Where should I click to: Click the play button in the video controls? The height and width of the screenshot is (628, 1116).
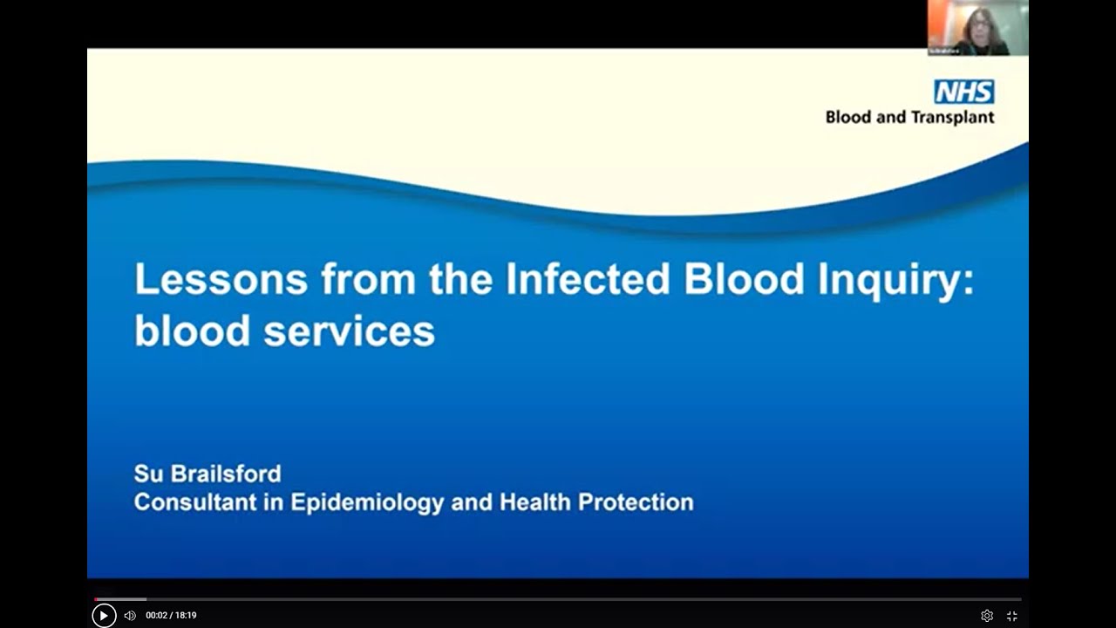click(104, 615)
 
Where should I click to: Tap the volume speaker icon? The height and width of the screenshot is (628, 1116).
click(130, 615)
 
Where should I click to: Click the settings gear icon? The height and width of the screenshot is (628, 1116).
click(987, 615)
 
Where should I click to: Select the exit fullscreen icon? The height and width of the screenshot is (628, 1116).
click(1012, 615)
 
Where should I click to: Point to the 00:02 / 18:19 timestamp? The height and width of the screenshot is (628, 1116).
click(171, 615)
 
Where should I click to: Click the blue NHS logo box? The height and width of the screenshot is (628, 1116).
click(963, 92)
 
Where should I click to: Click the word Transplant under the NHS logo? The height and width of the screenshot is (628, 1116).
click(953, 117)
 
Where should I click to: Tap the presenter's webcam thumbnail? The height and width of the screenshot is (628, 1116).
click(977, 28)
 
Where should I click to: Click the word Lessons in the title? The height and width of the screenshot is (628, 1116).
click(221, 279)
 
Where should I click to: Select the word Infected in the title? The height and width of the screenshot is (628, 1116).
click(588, 279)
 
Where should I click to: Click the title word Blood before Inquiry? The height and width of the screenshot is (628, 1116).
click(745, 279)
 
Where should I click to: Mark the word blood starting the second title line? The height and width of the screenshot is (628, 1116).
click(180, 331)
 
